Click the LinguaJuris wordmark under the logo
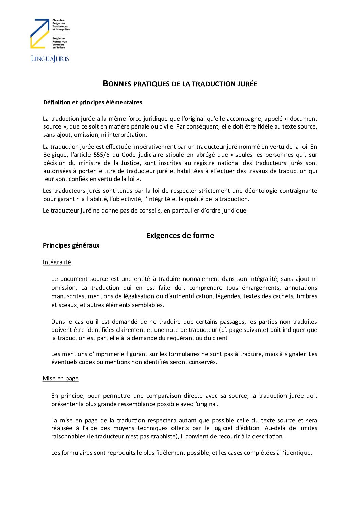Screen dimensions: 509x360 point(50,58)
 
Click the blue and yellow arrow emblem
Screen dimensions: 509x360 point(40,33)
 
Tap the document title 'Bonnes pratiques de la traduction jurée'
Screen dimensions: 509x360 point(180,84)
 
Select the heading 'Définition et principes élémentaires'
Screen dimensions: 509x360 point(93,102)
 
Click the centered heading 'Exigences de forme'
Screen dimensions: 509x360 point(180,235)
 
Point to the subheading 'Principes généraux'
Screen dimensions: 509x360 point(71,245)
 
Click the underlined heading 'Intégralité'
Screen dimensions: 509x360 point(57,262)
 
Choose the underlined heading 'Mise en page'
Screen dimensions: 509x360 point(61,378)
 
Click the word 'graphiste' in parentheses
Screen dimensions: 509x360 point(164,436)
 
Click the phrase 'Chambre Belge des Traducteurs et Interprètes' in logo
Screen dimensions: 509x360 point(61,25)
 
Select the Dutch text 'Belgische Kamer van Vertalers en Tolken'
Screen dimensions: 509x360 point(60,43)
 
